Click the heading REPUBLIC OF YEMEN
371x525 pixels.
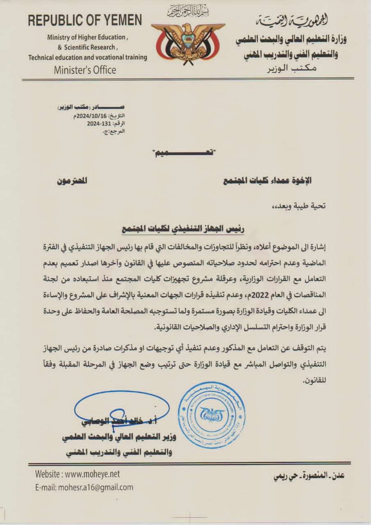click(85, 21)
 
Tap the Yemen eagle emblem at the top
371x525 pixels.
click(188, 41)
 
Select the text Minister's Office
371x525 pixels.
click(85, 70)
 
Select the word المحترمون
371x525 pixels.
click(72, 180)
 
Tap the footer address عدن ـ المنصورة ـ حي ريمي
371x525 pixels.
click(309, 476)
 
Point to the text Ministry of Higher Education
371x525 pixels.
click(87, 37)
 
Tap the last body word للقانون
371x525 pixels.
click(316, 381)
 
